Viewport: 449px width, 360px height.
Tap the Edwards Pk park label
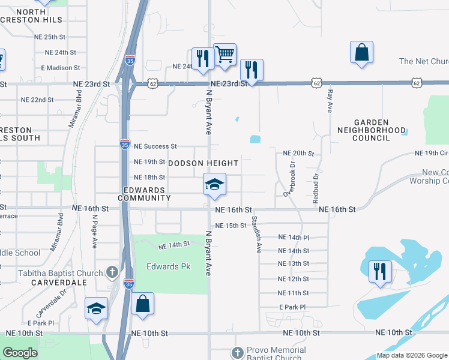168,266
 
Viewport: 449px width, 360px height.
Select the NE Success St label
155,146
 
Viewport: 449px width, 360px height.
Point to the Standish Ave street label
256,234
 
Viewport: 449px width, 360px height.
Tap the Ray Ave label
330,100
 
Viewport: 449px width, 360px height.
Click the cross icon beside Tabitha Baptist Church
112,273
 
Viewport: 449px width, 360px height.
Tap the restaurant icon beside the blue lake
380,271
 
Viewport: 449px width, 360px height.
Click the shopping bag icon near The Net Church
362,52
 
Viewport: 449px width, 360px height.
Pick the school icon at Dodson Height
214,184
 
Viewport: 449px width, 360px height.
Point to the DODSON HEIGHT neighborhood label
203,163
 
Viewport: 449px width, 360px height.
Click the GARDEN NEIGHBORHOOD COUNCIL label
372,130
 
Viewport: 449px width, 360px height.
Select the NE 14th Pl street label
294,238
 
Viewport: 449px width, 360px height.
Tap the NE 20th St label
298,154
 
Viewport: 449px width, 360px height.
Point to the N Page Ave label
95,232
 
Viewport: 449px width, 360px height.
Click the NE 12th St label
294,279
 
